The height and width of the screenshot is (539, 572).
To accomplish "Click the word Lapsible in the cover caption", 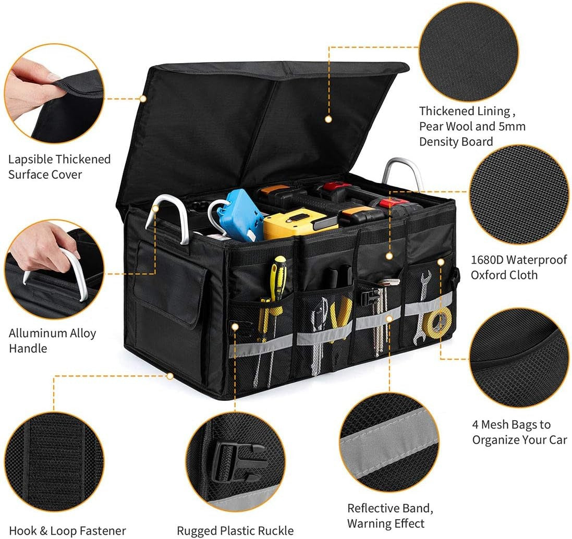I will coord(30,159).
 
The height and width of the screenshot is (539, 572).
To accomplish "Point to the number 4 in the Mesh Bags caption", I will coord(476,424).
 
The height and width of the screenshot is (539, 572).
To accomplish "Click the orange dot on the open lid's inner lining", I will coord(328,119).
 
